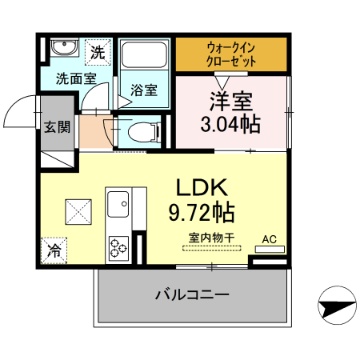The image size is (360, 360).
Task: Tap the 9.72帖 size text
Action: point(202,213)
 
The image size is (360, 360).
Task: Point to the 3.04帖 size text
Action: point(231,124)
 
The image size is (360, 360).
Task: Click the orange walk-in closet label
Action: point(231,54)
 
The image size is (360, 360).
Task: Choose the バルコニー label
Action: point(192,294)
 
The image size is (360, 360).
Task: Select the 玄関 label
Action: point(57,126)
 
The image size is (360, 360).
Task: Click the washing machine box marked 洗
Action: point(97,54)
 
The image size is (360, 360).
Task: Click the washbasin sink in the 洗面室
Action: point(62,50)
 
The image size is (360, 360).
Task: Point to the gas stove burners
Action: point(118,247)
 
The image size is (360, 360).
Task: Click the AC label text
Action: point(270,238)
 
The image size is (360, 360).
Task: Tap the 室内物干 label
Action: point(211,238)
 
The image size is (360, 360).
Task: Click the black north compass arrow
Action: point(337,305)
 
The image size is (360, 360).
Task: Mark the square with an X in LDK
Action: point(80,213)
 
